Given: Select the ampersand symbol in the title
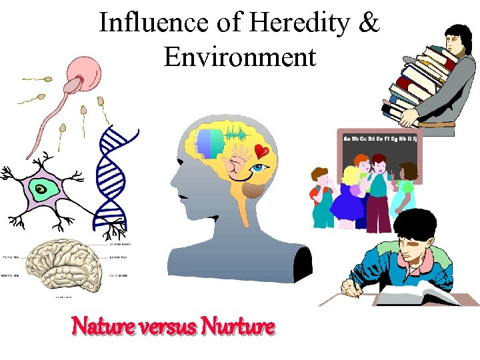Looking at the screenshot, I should coord(368,23).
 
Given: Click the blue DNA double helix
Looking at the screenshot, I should coord(111,180).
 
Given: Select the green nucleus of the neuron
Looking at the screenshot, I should coord(41,191).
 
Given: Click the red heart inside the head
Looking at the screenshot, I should coord(262,153).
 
